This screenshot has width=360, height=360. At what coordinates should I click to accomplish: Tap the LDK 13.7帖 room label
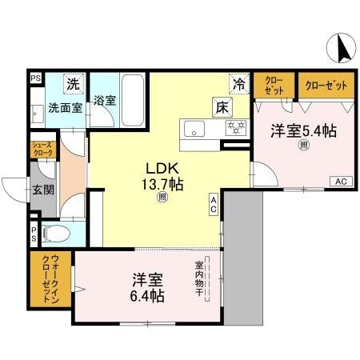[163, 177]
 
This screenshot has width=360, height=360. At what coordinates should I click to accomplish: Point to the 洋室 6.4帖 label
[149, 288]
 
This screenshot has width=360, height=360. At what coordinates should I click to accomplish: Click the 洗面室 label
[64, 106]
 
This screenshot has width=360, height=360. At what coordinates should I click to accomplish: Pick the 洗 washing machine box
[73, 83]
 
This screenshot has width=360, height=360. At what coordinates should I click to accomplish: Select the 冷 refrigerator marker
[238, 82]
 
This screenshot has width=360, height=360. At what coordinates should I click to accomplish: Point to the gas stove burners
[234, 127]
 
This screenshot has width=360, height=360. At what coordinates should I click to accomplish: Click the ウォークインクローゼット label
[45, 281]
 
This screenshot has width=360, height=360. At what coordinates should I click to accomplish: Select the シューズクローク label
[42, 149]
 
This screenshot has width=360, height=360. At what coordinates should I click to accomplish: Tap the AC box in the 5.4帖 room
[340, 180]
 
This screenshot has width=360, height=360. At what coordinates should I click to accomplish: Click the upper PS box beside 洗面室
[35, 78]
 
